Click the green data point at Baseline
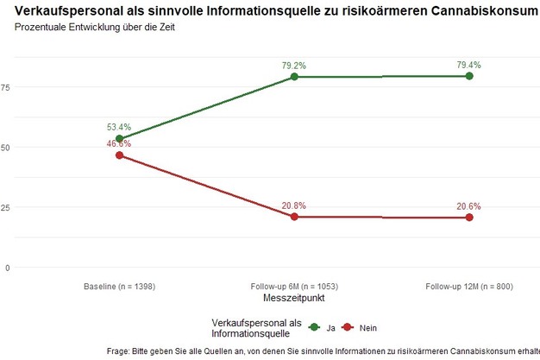click(x=119, y=139)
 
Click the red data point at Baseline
click(x=119, y=155)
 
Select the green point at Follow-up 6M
click(x=294, y=77)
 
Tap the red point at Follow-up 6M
click(x=294, y=217)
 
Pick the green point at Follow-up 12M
click(x=469, y=76)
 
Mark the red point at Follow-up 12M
click(x=469, y=218)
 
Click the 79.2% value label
click(x=294, y=65)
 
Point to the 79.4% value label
click(x=469, y=64)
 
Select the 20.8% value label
click(x=294, y=205)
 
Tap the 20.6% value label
click(x=469, y=206)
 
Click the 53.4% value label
click(x=119, y=127)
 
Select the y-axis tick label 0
click(x=8, y=268)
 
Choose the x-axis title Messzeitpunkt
click(x=294, y=297)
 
